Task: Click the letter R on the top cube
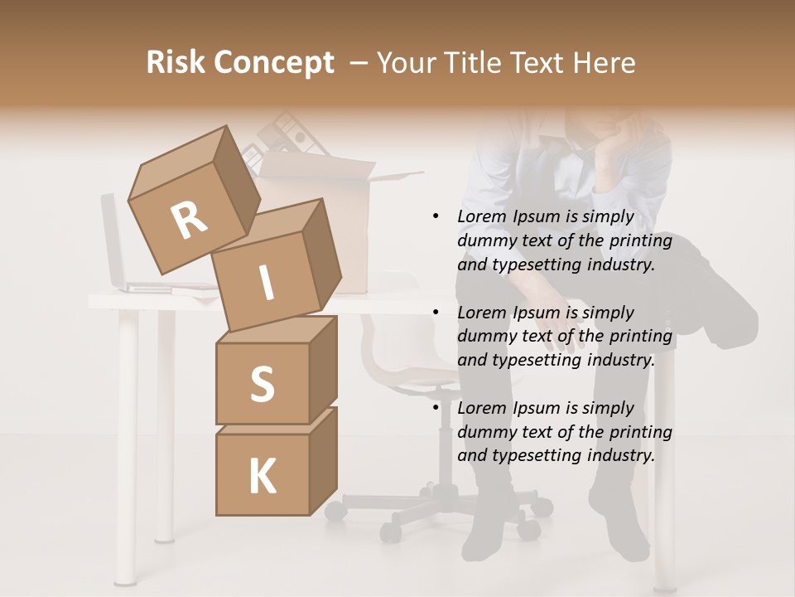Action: pos(189,220)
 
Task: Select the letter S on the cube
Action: pos(262,384)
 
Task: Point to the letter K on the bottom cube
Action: pos(262,476)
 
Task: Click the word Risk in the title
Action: pos(176,63)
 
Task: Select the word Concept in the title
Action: pos(273,63)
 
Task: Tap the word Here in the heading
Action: pos(605,63)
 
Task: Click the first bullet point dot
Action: pos(436,217)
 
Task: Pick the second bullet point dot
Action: pos(436,313)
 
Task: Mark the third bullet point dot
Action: pos(436,408)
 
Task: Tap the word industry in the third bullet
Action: pos(620,455)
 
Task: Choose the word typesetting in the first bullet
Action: pos(535,265)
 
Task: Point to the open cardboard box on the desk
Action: pos(348,224)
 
